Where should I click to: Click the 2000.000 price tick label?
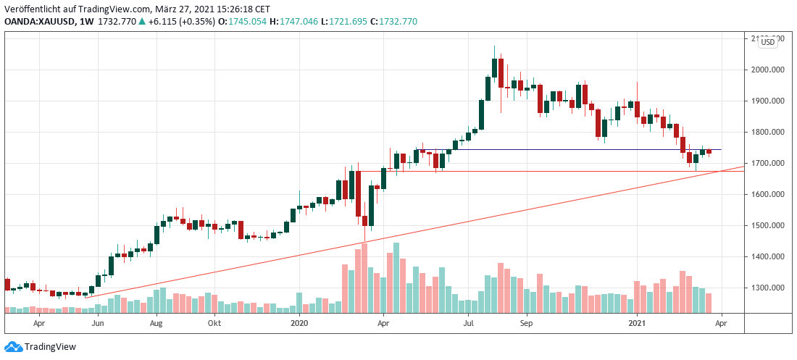[769, 70]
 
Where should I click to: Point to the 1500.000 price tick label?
[769, 226]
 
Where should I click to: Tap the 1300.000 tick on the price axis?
[769, 288]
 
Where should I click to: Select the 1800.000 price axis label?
[769, 133]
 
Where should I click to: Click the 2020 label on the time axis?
[299, 325]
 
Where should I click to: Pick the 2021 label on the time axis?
[636, 325]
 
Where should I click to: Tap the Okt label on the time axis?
[214, 325]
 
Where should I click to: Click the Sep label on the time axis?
[527, 325]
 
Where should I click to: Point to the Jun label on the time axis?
[99, 325]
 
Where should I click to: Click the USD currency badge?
[767, 43]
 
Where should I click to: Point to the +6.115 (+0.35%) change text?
[175, 22]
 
